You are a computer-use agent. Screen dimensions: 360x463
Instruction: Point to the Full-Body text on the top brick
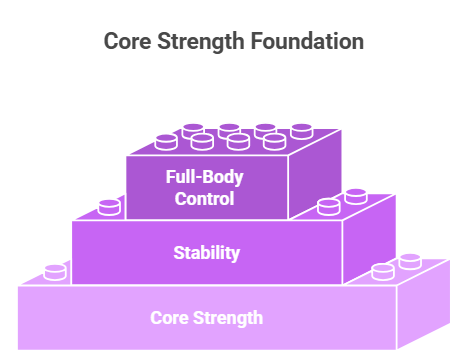tap(205, 178)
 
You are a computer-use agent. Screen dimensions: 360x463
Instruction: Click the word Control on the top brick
tap(205, 198)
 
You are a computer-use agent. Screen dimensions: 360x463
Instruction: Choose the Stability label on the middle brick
tap(206, 252)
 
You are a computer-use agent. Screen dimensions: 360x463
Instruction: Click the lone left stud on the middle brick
tap(109, 207)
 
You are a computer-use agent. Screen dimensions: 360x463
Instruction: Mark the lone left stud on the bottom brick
tap(57, 271)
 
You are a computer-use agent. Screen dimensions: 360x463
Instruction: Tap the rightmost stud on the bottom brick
tap(409, 262)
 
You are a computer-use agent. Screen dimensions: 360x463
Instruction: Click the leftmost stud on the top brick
tap(165, 143)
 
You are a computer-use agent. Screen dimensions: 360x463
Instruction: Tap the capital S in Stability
tap(177, 252)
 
